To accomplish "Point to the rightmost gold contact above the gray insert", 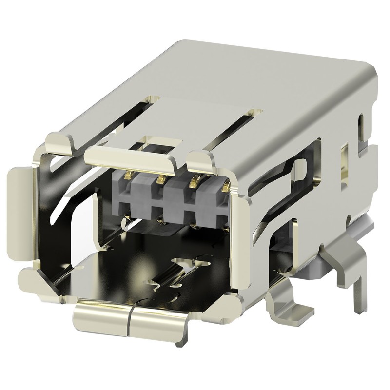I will (225, 185).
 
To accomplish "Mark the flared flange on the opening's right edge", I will (239, 224).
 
